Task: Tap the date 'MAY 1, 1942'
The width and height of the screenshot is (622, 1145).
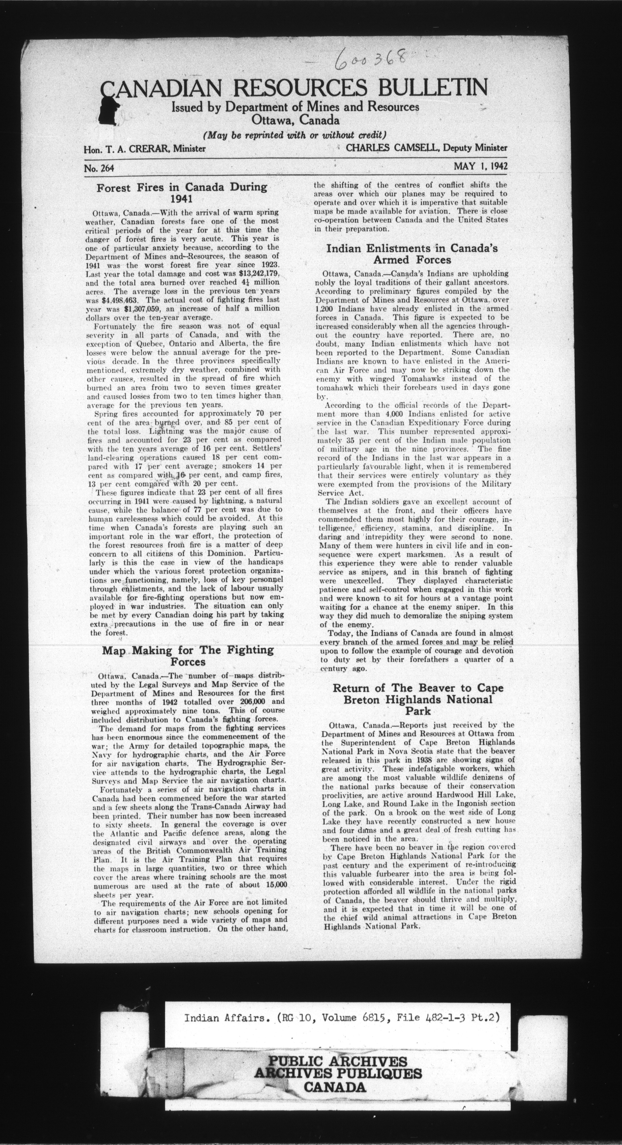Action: click(x=480, y=166)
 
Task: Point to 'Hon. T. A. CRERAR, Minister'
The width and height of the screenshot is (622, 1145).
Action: click(x=144, y=149)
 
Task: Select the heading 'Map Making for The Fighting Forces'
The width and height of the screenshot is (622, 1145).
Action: click(x=188, y=656)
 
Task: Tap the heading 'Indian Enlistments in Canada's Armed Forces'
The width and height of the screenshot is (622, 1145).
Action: click(x=412, y=254)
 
